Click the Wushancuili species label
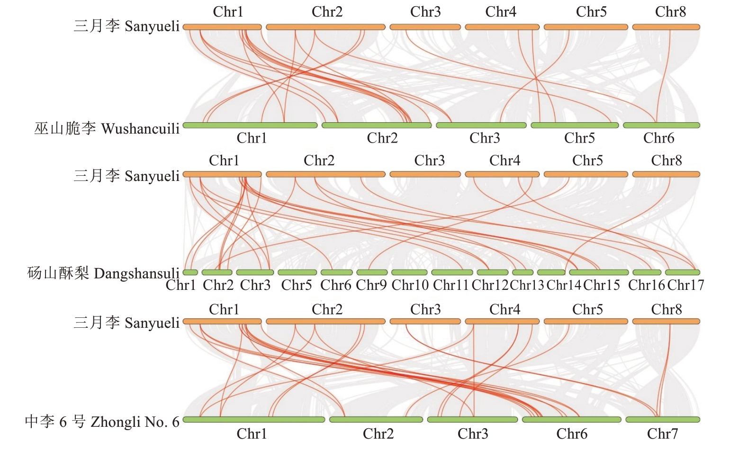pyautogui.click(x=107, y=128)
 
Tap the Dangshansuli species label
pyautogui.click(x=103, y=273)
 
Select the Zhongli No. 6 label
pyautogui.click(x=102, y=422)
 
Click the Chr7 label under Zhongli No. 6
pyautogui.click(x=662, y=433)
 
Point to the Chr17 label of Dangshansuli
pyautogui.click(x=685, y=285)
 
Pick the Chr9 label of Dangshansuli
pyautogui.click(x=371, y=285)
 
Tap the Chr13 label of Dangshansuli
pyautogui.click(x=527, y=285)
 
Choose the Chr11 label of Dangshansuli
pyautogui.click(x=451, y=285)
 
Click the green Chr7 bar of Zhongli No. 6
pyautogui.click(x=662, y=420)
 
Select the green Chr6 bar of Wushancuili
pyautogui.click(x=661, y=126)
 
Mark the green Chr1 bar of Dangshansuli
pyautogui.click(x=190, y=272)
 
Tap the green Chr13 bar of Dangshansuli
pyautogui.click(x=523, y=272)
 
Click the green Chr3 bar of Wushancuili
pyautogui.click(x=481, y=126)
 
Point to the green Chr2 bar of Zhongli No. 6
pyautogui.click(x=376, y=420)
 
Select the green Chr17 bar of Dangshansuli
pyautogui.click(x=682, y=272)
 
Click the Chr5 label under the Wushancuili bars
pyautogui.click(x=579, y=138)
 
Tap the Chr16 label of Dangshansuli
pyautogui.click(x=647, y=285)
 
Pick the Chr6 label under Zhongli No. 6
pyautogui.click(x=572, y=433)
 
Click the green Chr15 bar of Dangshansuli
pyautogui.click(x=599, y=272)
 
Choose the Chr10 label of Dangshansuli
pyautogui.click(x=410, y=285)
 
